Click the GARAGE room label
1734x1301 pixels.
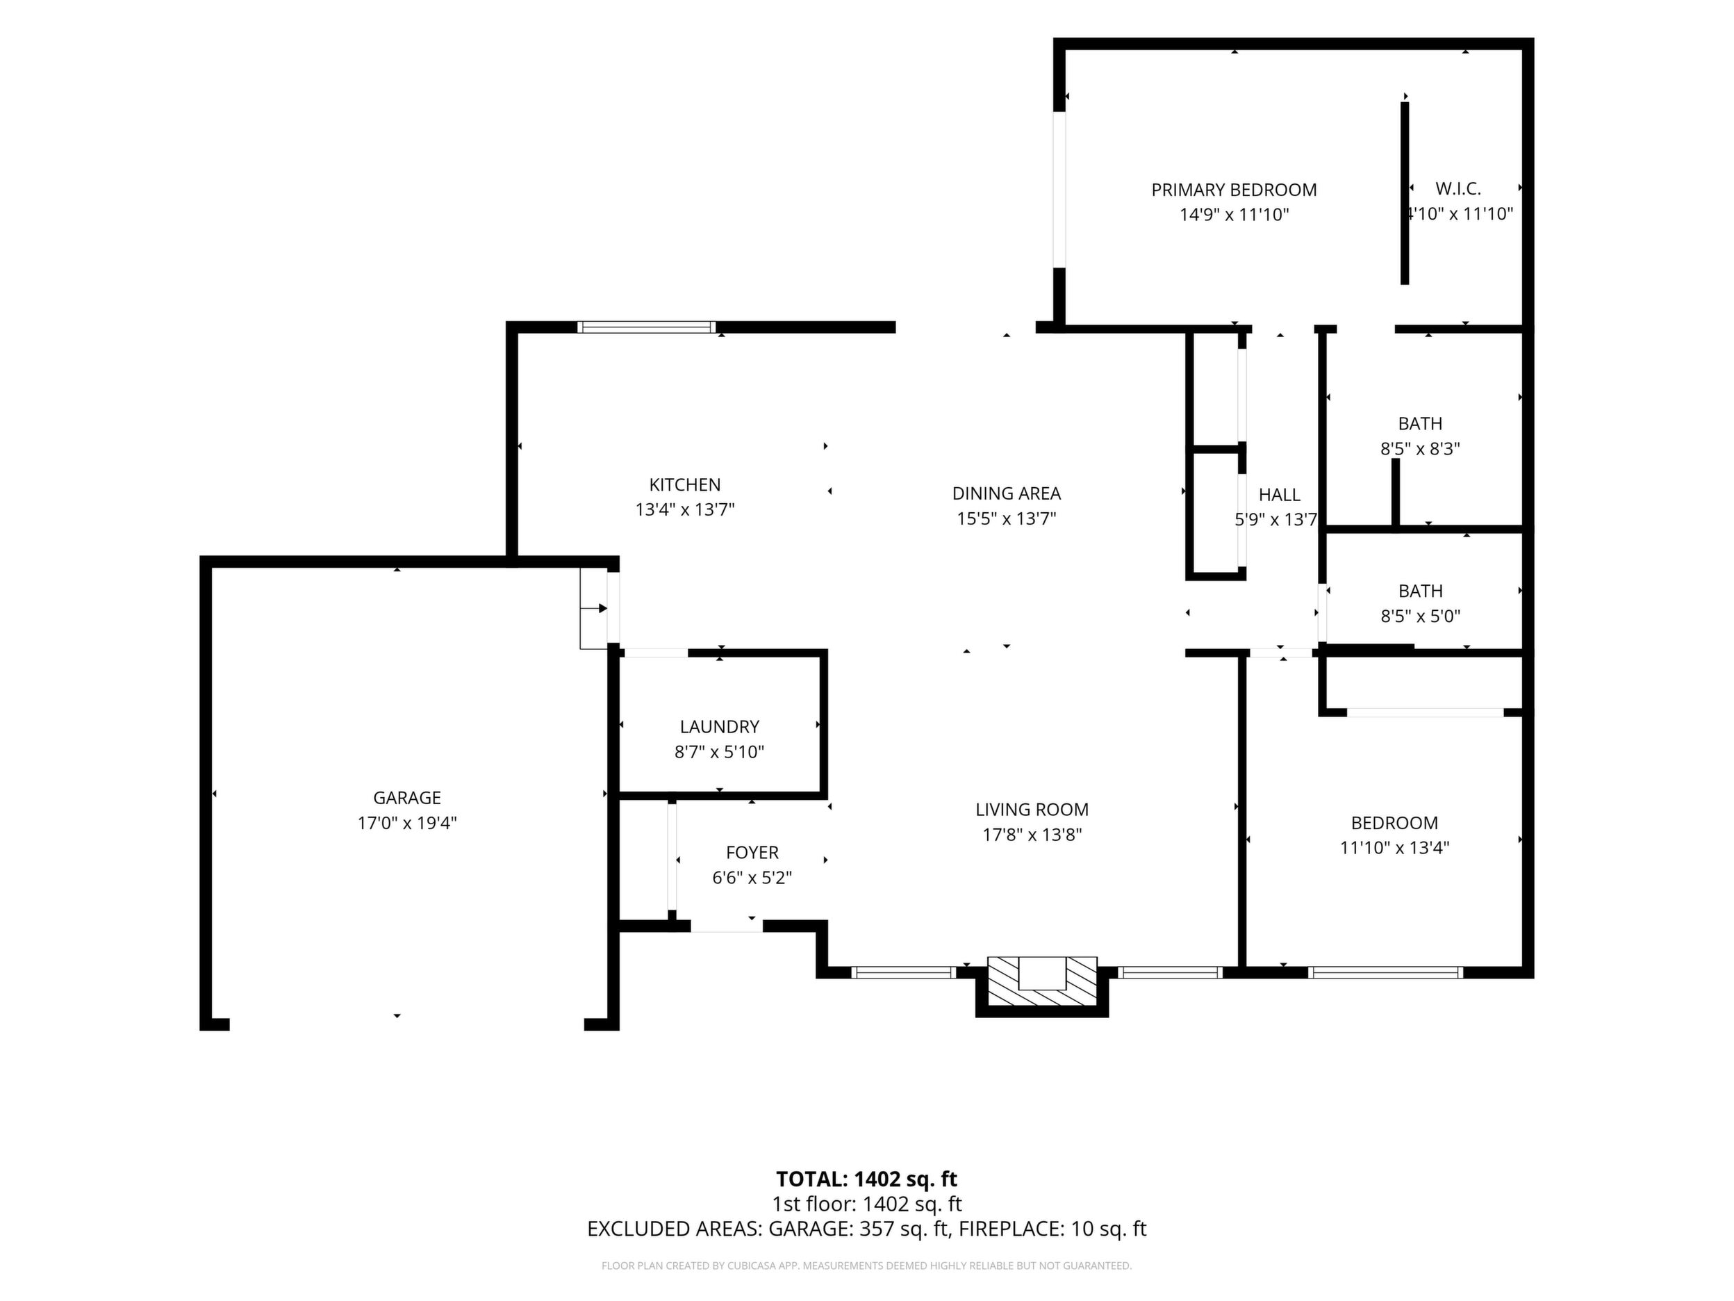(x=407, y=798)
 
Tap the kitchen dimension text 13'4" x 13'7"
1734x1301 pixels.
(x=684, y=509)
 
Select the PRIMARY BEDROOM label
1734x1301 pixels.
(x=1234, y=190)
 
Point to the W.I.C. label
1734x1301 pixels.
(x=1458, y=188)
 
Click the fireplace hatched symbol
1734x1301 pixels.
(x=1042, y=981)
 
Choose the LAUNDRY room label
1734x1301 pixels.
(x=720, y=727)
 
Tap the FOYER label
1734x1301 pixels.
(x=752, y=853)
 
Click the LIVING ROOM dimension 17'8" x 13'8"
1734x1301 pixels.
(x=1032, y=835)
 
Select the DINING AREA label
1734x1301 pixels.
(x=1007, y=493)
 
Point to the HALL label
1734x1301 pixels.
(x=1280, y=495)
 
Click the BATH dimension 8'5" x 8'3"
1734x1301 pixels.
(x=1420, y=448)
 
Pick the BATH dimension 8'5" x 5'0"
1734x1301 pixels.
(x=1421, y=616)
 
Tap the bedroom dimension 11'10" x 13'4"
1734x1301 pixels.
(x=1394, y=847)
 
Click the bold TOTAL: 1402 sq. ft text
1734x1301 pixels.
(x=866, y=1179)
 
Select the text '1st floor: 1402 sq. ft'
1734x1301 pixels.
(x=867, y=1204)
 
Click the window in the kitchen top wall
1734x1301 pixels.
(x=647, y=327)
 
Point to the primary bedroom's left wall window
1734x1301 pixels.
(x=1059, y=189)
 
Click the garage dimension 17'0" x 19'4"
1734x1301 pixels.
(x=407, y=823)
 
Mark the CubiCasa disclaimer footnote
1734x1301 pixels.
(x=866, y=1265)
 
